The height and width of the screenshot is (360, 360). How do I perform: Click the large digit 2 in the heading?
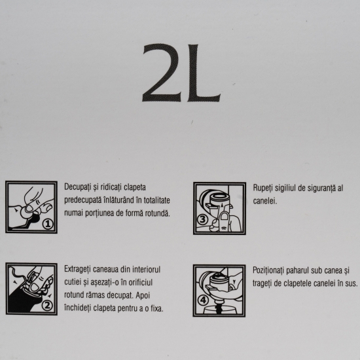click(x=161, y=73)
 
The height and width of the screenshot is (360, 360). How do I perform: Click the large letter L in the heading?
click(x=203, y=73)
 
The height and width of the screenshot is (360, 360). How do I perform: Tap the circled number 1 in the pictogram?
click(x=48, y=224)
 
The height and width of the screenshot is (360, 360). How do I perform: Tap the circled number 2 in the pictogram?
click(x=47, y=306)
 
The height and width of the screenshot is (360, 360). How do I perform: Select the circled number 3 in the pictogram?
click(x=202, y=220)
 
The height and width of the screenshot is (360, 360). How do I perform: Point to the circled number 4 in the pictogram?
click(x=203, y=300)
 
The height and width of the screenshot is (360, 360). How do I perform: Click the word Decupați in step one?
click(x=77, y=187)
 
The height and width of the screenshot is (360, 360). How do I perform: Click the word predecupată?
click(x=83, y=200)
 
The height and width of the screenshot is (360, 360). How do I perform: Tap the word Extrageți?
click(x=78, y=270)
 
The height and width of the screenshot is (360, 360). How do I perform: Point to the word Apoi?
click(x=143, y=295)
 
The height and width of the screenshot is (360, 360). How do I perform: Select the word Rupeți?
click(x=262, y=189)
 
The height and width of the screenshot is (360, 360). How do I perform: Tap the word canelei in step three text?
click(x=264, y=201)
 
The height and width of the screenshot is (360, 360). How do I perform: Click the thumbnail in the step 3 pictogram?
click(x=225, y=217)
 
